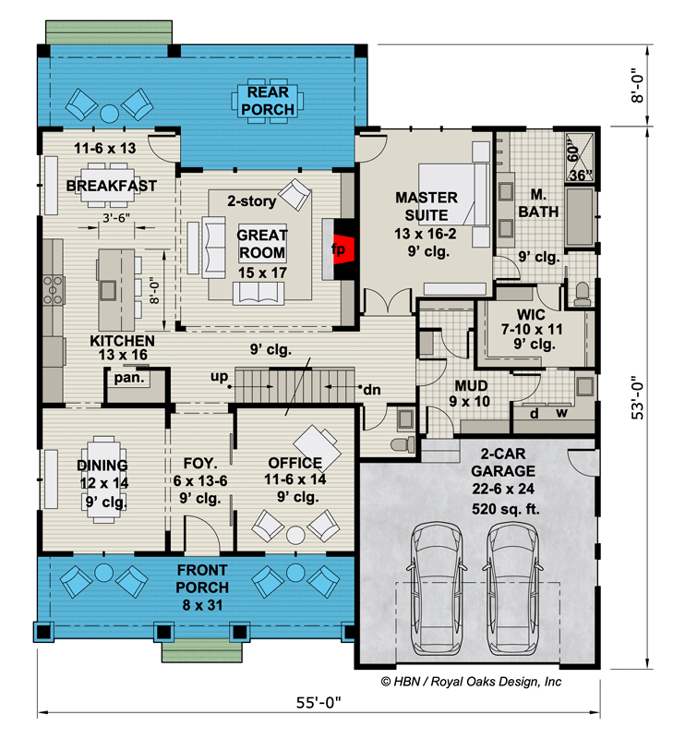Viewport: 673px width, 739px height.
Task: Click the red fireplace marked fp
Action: (340, 248)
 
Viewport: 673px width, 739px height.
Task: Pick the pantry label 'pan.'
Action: (126, 377)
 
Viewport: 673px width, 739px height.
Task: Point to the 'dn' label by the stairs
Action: (371, 390)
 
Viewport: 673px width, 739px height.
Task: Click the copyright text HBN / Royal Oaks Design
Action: (471, 682)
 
